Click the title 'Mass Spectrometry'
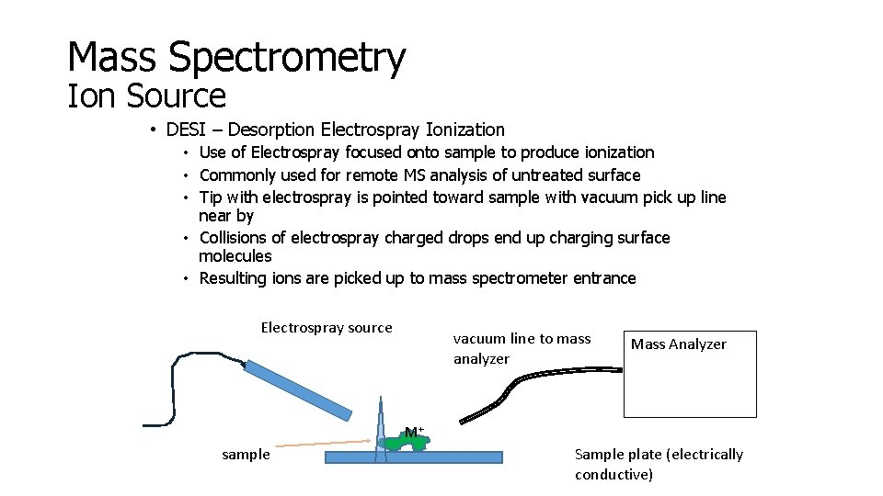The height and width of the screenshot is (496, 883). [x=236, y=57]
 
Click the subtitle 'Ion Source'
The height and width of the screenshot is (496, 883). [x=146, y=96]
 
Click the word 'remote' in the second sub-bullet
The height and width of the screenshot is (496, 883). [x=373, y=175]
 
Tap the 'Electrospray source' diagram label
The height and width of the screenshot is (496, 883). [x=327, y=328]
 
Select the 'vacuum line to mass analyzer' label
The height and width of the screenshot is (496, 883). [x=522, y=348]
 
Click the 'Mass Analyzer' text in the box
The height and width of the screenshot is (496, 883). [x=678, y=344]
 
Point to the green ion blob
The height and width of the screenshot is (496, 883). [x=406, y=443]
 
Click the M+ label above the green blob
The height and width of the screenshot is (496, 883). [x=414, y=431]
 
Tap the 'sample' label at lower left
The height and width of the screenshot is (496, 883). [x=246, y=455]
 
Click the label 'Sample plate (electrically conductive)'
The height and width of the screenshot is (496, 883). [x=658, y=464]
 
